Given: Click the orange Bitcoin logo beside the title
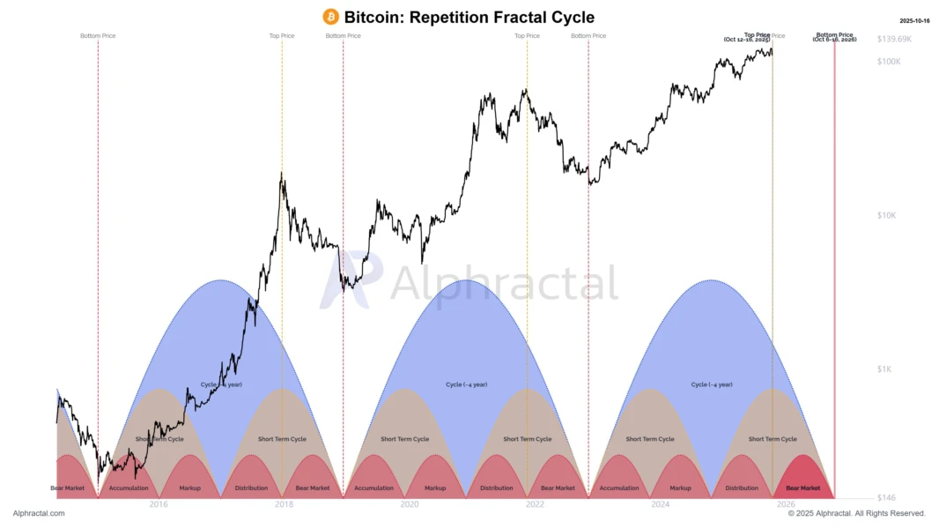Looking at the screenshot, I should click(x=331, y=17).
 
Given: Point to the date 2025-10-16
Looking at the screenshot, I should click(x=913, y=20).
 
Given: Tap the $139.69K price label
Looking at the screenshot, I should click(x=895, y=40).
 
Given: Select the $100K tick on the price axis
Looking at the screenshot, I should click(x=889, y=61).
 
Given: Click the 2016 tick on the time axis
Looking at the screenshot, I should click(x=159, y=505).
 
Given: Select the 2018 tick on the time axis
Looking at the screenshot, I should click(x=284, y=505).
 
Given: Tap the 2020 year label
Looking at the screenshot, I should click(x=409, y=505).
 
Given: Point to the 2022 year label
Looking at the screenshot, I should click(x=535, y=505).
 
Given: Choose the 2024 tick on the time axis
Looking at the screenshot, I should click(x=661, y=505).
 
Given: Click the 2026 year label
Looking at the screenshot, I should click(x=786, y=505).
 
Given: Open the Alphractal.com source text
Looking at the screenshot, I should click(x=39, y=513).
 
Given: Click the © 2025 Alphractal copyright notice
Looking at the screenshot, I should click(x=856, y=513).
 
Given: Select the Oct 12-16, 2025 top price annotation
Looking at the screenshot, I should click(x=746, y=40).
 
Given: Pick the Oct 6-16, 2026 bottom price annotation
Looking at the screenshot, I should click(x=834, y=40).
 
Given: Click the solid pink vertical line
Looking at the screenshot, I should click(x=834, y=264).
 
